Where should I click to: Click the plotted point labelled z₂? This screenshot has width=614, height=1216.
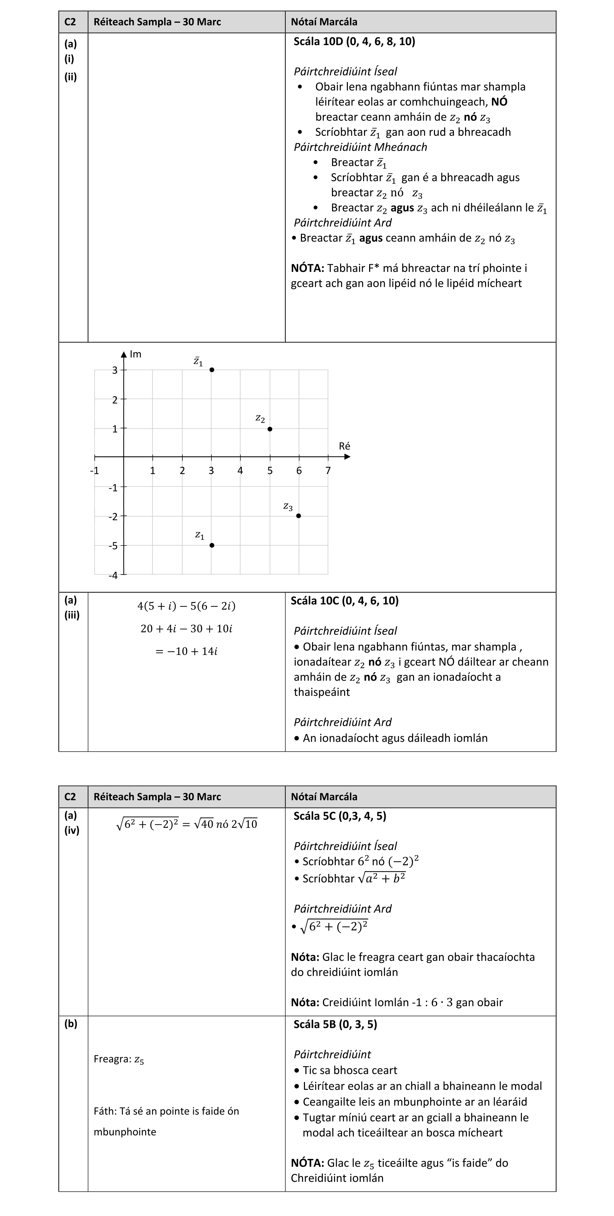(x=270, y=429)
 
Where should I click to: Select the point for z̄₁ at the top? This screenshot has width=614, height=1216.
(x=212, y=370)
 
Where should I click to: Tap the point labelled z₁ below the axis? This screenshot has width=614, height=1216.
(x=212, y=545)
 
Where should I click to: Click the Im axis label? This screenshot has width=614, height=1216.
(x=135, y=354)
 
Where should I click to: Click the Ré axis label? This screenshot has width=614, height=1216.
(x=344, y=446)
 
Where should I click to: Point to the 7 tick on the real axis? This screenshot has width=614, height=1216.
(x=328, y=471)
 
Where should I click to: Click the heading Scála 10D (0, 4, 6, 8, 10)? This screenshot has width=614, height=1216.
(x=354, y=42)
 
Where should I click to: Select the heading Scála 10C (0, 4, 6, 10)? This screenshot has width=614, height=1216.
(x=344, y=601)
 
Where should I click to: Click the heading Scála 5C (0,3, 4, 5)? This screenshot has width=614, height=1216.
(x=340, y=816)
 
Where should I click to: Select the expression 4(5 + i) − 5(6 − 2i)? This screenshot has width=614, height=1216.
(x=186, y=606)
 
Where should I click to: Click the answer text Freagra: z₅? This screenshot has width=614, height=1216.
(x=119, y=1059)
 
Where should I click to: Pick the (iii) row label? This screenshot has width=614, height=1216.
(x=72, y=615)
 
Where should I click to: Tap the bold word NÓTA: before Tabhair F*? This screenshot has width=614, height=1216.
(x=307, y=268)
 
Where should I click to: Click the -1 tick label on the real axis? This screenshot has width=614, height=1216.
(x=94, y=471)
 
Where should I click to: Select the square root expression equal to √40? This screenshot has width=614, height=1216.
(x=147, y=824)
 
